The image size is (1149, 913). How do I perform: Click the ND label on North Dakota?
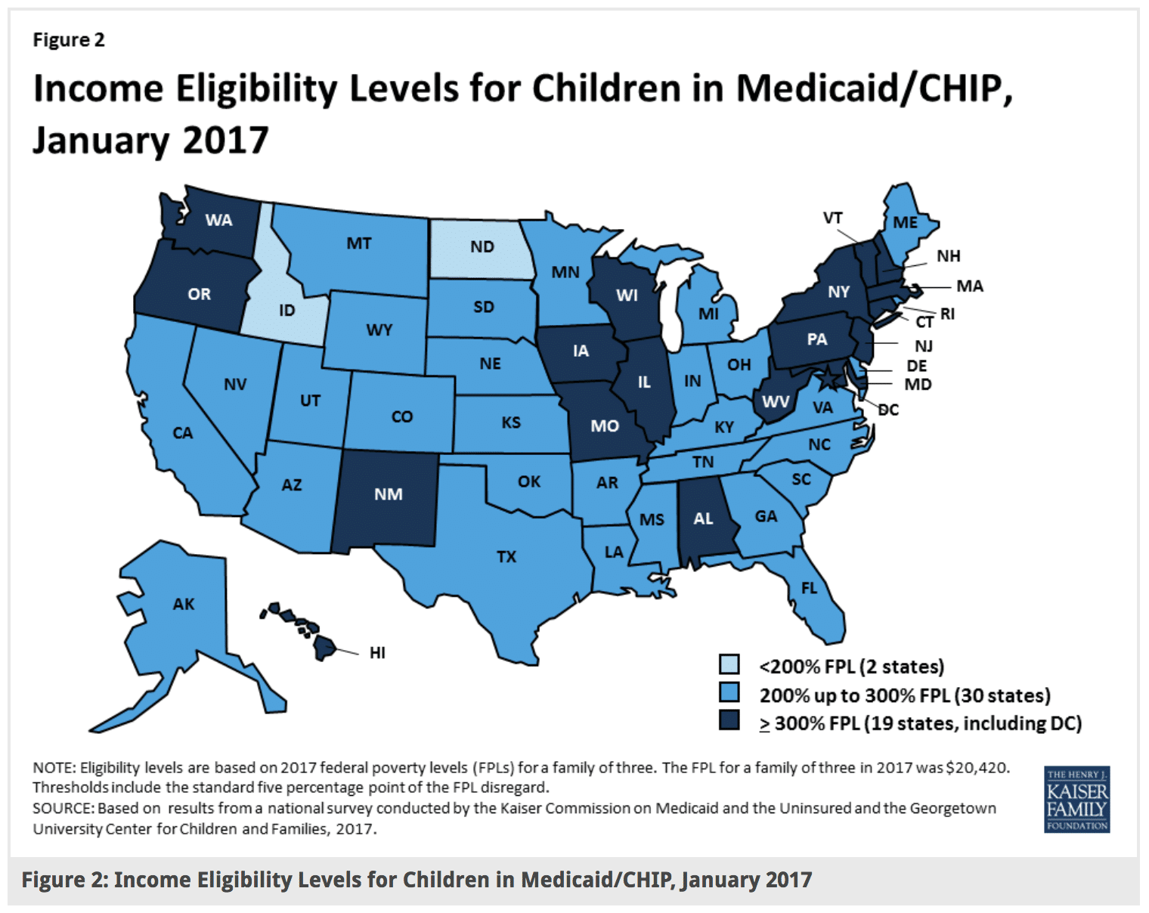[482, 247]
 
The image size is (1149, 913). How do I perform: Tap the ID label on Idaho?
[286, 311]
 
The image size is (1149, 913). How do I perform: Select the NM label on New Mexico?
[388, 494]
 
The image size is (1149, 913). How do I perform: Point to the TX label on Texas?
[506, 557]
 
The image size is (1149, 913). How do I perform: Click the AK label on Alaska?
[184, 604]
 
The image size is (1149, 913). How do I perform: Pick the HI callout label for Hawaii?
[377, 653]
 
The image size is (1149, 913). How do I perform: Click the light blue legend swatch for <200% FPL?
[729, 665]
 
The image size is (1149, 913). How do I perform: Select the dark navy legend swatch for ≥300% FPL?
[729, 721]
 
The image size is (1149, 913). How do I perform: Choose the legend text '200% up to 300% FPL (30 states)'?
[905, 695]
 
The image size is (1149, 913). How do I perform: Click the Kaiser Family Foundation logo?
[1076, 800]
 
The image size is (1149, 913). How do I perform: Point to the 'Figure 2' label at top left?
[69, 40]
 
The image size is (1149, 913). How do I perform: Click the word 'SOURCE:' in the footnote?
[63, 809]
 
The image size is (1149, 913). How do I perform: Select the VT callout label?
[832, 218]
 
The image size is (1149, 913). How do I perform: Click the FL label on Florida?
[809, 588]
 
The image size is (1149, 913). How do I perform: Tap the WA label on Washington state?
[218, 221]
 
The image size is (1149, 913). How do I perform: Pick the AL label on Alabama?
[703, 518]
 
